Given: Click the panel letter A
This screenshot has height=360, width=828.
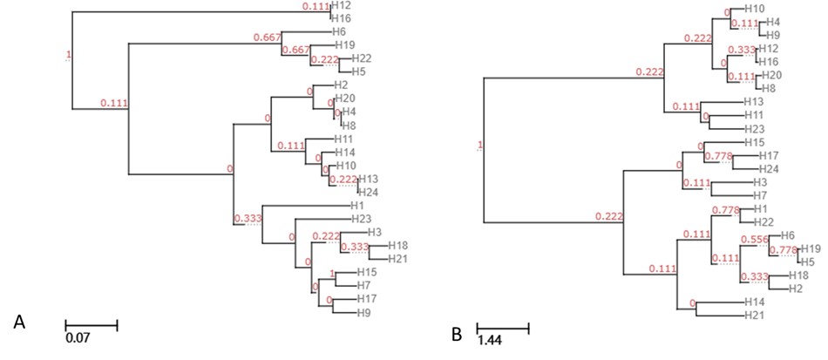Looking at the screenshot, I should (19, 323).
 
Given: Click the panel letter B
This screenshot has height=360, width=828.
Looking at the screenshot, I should (456, 332).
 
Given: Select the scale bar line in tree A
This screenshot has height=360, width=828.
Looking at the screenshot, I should (92, 324).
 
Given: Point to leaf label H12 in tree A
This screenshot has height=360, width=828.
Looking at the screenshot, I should (342, 6).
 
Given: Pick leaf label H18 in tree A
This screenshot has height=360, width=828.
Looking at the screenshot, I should (398, 245).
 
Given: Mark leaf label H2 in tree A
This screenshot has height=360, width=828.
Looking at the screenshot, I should (342, 85).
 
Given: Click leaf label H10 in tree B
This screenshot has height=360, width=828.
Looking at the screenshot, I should (754, 8).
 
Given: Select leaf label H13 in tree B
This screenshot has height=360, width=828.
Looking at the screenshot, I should (754, 102).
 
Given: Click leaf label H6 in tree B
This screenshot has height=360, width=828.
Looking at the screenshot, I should (788, 234).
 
